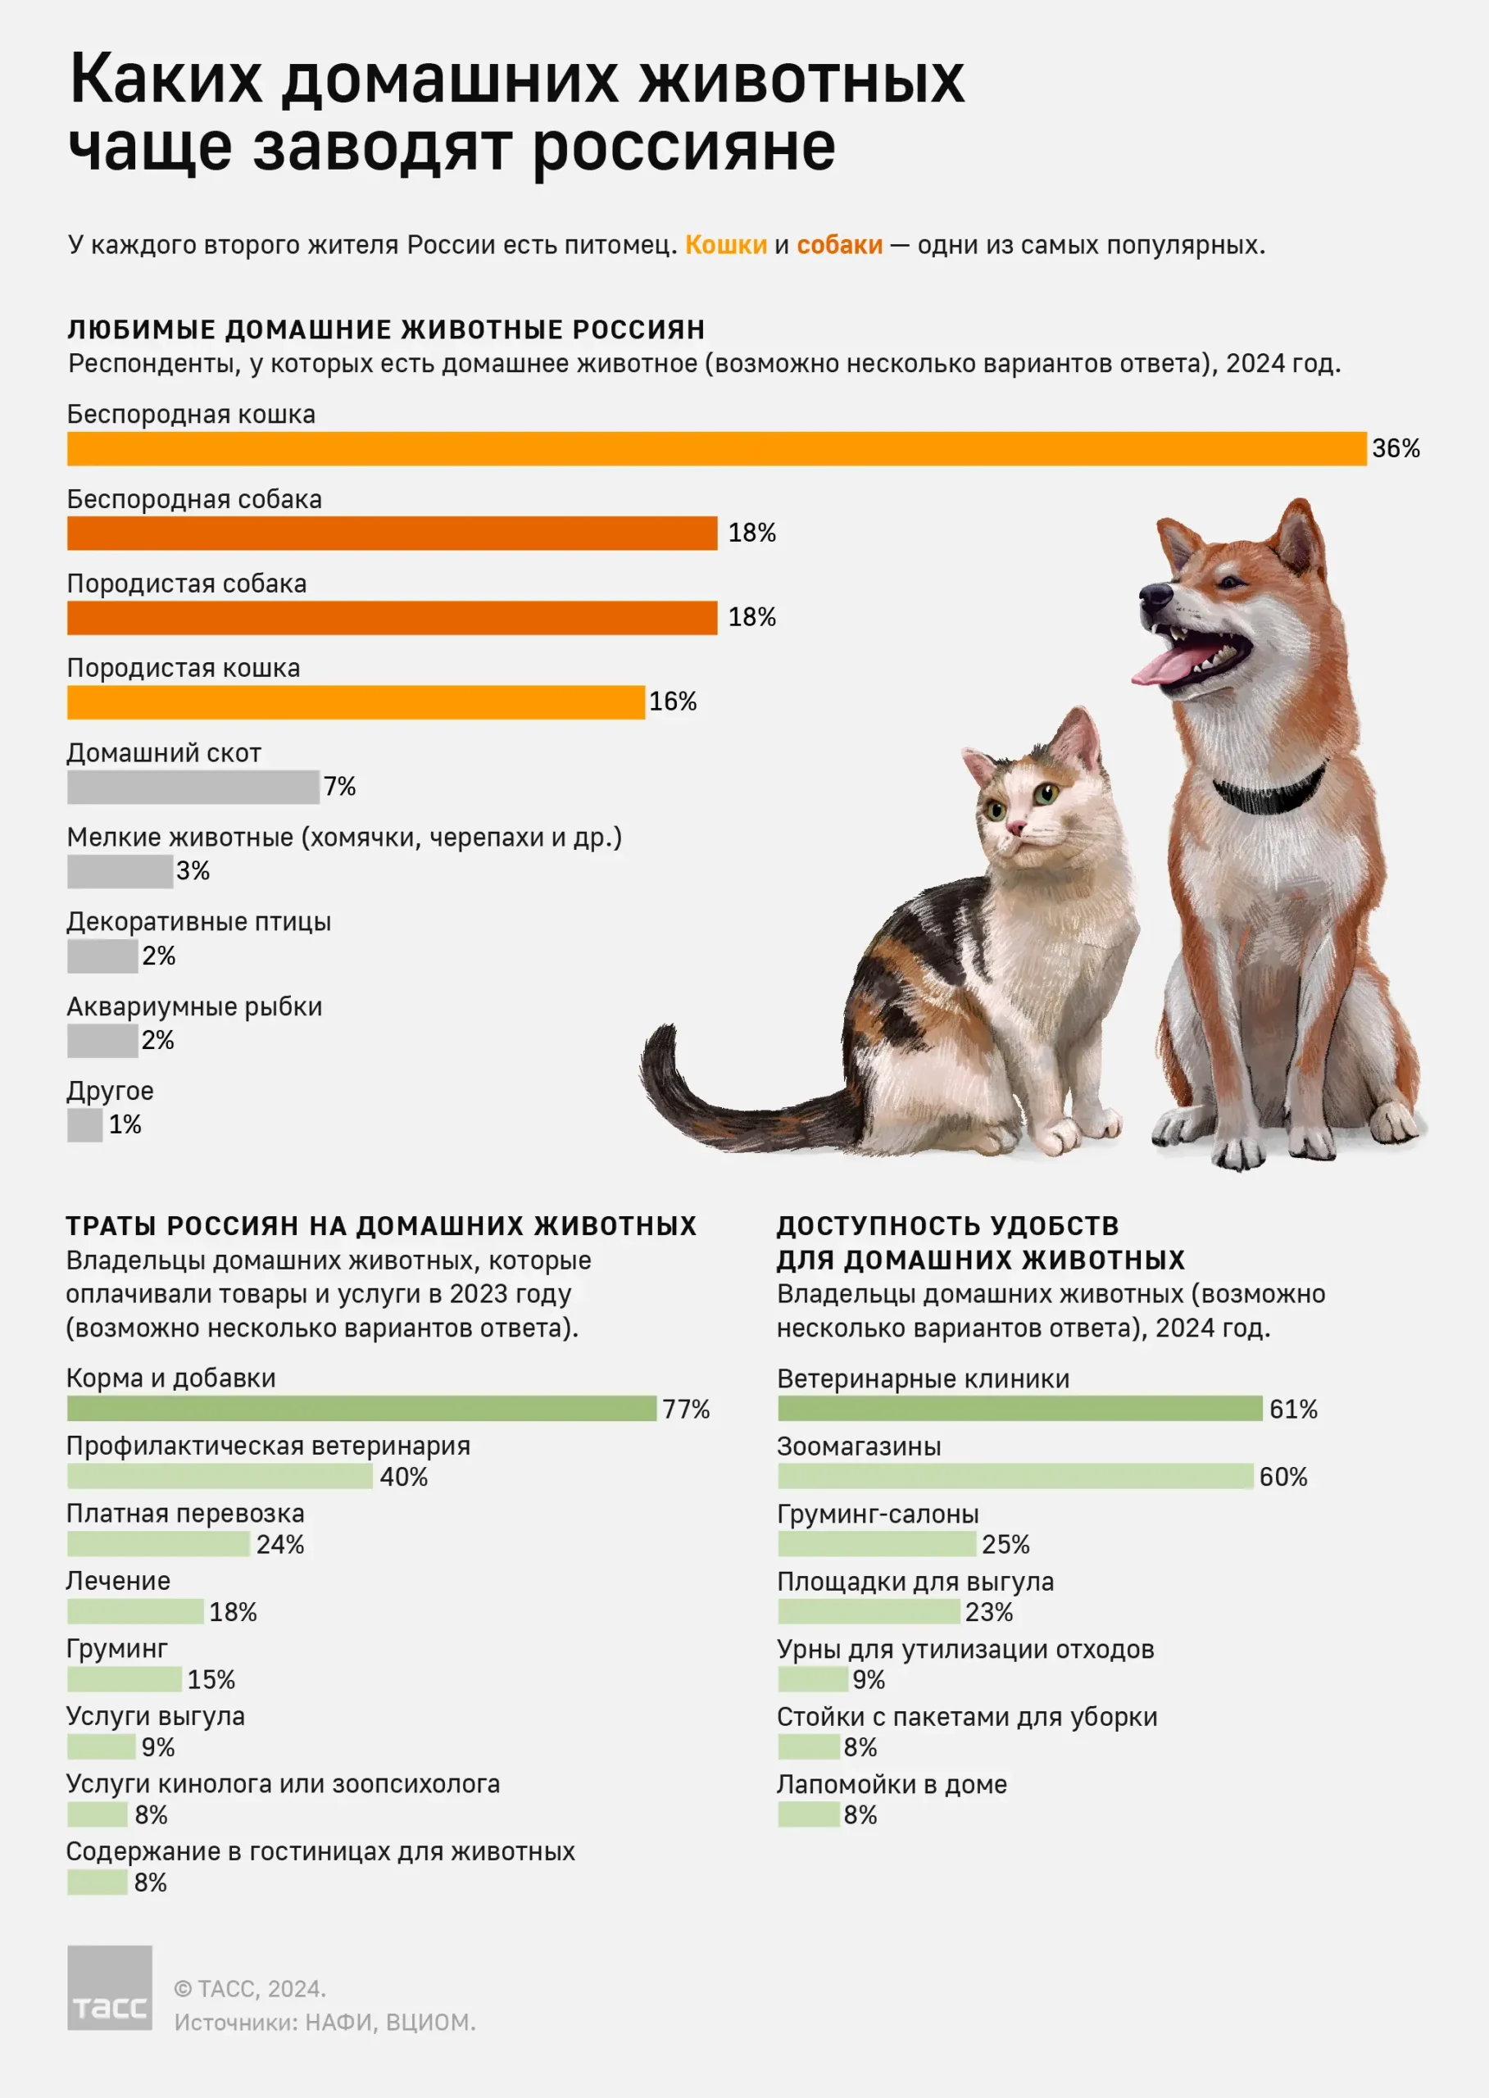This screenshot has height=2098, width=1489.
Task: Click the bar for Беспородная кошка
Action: tap(716, 448)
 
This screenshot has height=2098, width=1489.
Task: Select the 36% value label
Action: tap(1395, 448)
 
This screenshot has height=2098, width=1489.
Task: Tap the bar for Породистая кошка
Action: tap(356, 702)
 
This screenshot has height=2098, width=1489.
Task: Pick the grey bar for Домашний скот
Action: tap(193, 787)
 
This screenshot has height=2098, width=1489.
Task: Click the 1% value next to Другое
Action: tap(125, 1125)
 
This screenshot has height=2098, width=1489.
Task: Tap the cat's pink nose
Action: tap(1016, 828)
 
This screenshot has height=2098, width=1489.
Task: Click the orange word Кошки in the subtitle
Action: tap(725, 245)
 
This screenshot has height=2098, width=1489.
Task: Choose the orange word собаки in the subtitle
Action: tap(839, 245)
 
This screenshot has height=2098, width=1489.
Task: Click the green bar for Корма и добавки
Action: tap(361, 1409)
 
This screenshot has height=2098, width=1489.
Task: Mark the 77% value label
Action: tap(686, 1410)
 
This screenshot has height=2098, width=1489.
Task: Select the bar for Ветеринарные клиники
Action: tap(1019, 1409)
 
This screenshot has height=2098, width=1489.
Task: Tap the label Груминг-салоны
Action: tap(878, 1514)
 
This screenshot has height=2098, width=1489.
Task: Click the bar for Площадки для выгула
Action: tap(869, 1611)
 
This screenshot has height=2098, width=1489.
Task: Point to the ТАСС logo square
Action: tap(110, 1988)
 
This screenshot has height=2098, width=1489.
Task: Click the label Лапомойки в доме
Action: tap(892, 1784)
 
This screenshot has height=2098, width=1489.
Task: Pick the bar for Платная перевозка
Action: tap(157, 1544)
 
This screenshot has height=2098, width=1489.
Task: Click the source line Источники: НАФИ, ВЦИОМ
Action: tap(325, 2022)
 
